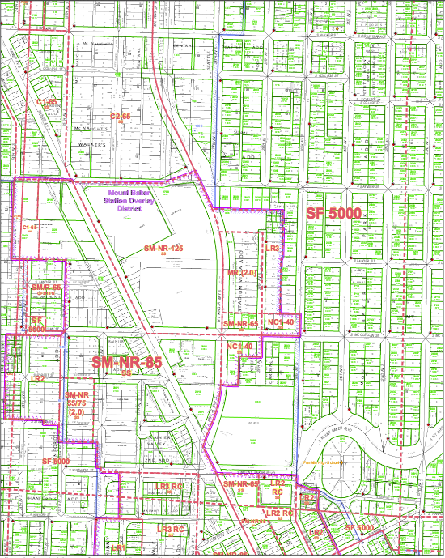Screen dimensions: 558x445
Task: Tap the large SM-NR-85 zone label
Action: tap(127, 363)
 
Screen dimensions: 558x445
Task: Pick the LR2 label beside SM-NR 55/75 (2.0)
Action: tap(37, 379)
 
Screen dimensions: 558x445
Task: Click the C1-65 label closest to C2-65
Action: tap(47, 103)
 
